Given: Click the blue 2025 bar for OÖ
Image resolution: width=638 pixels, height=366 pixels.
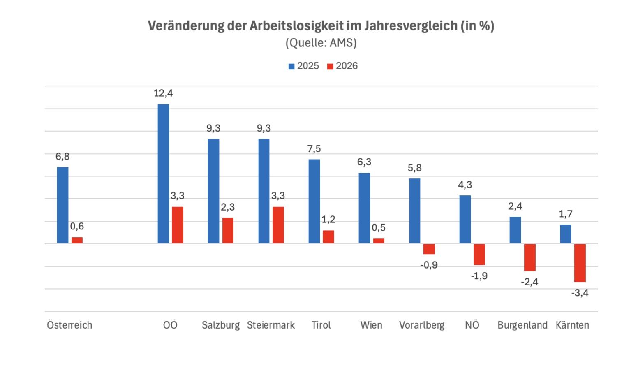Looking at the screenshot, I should [163, 174].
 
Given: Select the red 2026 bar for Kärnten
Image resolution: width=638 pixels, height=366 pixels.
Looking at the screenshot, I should [580, 263].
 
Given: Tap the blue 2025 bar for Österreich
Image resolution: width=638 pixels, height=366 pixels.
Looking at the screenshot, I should [62, 205].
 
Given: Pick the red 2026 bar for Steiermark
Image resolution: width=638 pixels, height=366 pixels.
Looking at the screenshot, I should [278, 225].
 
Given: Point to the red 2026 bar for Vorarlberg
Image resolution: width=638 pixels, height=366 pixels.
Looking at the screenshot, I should [429, 249].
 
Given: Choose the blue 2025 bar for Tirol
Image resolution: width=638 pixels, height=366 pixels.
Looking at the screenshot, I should [314, 201].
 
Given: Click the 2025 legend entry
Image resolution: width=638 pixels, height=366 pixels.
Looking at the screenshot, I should [304, 66].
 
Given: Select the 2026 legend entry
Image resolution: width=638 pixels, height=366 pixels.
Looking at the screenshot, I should [342, 66].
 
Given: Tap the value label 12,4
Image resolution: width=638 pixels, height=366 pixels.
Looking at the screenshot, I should [163, 93].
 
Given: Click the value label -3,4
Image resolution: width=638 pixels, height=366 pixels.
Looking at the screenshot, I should [580, 293].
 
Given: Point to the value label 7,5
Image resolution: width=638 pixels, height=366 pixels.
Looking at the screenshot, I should [314, 149].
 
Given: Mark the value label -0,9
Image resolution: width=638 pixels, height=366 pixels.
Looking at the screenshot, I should [429, 265].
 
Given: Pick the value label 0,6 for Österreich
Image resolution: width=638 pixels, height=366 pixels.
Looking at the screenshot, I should [77, 226].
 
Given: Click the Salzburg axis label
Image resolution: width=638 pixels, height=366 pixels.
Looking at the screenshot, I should [220, 325].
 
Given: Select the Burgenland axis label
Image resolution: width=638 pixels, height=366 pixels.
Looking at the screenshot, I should [522, 325].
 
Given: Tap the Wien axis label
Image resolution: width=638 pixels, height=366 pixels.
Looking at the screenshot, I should [371, 325].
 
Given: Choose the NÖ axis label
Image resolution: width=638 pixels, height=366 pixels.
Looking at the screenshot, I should [472, 325].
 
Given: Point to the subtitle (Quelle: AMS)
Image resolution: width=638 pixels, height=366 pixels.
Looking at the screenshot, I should [321, 43].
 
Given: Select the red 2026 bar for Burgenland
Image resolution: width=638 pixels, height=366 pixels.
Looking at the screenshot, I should [529, 257].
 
